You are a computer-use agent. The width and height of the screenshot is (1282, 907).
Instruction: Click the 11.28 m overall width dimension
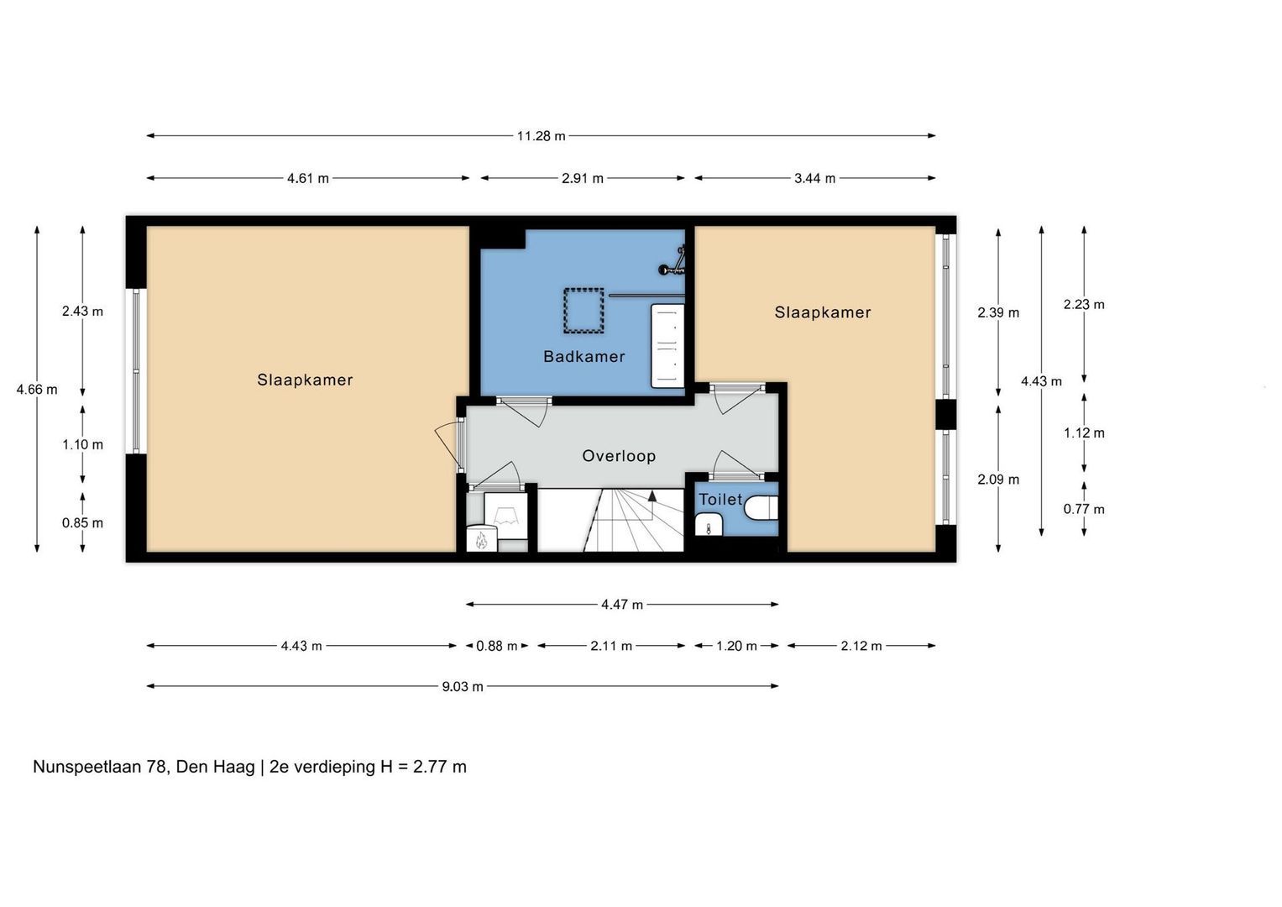[x=541, y=136]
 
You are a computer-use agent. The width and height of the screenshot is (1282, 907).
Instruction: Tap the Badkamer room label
[x=583, y=357]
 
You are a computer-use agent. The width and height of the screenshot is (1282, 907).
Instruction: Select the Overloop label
[x=619, y=456]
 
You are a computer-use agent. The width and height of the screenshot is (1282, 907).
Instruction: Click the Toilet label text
[x=720, y=500]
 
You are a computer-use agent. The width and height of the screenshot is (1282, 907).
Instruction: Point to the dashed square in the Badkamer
[x=583, y=311]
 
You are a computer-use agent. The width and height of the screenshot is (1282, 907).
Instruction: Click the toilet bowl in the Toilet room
[x=761, y=507]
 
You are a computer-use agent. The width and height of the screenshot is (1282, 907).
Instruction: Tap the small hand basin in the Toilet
[x=709, y=525]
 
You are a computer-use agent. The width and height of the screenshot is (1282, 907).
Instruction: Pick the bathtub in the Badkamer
[x=667, y=346]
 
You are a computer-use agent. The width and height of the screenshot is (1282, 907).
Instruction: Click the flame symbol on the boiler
[x=481, y=539]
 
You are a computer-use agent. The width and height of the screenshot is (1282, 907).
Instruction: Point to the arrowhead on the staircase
[x=651, y=495]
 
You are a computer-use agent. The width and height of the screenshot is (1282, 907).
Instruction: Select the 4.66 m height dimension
[x=37, y=390]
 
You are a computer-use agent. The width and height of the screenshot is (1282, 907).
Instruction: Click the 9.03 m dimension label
[x=463, y=687]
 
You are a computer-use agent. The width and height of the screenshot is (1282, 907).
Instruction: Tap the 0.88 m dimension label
[x=497, y=646]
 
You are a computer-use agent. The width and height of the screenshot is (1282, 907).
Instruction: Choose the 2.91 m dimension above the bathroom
[x=583, y=178]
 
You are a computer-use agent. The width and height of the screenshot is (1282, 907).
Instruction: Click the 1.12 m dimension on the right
[x=1084, y=433]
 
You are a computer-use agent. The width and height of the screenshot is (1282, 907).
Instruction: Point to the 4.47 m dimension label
[x=622, y=605]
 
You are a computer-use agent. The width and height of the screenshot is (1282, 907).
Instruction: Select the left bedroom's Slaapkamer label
[x=305, y=380]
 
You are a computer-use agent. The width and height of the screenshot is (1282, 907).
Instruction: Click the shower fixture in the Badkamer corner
[x=673, y=262]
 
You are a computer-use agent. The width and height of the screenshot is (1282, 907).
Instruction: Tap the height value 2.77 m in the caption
[x=440, y=767]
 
